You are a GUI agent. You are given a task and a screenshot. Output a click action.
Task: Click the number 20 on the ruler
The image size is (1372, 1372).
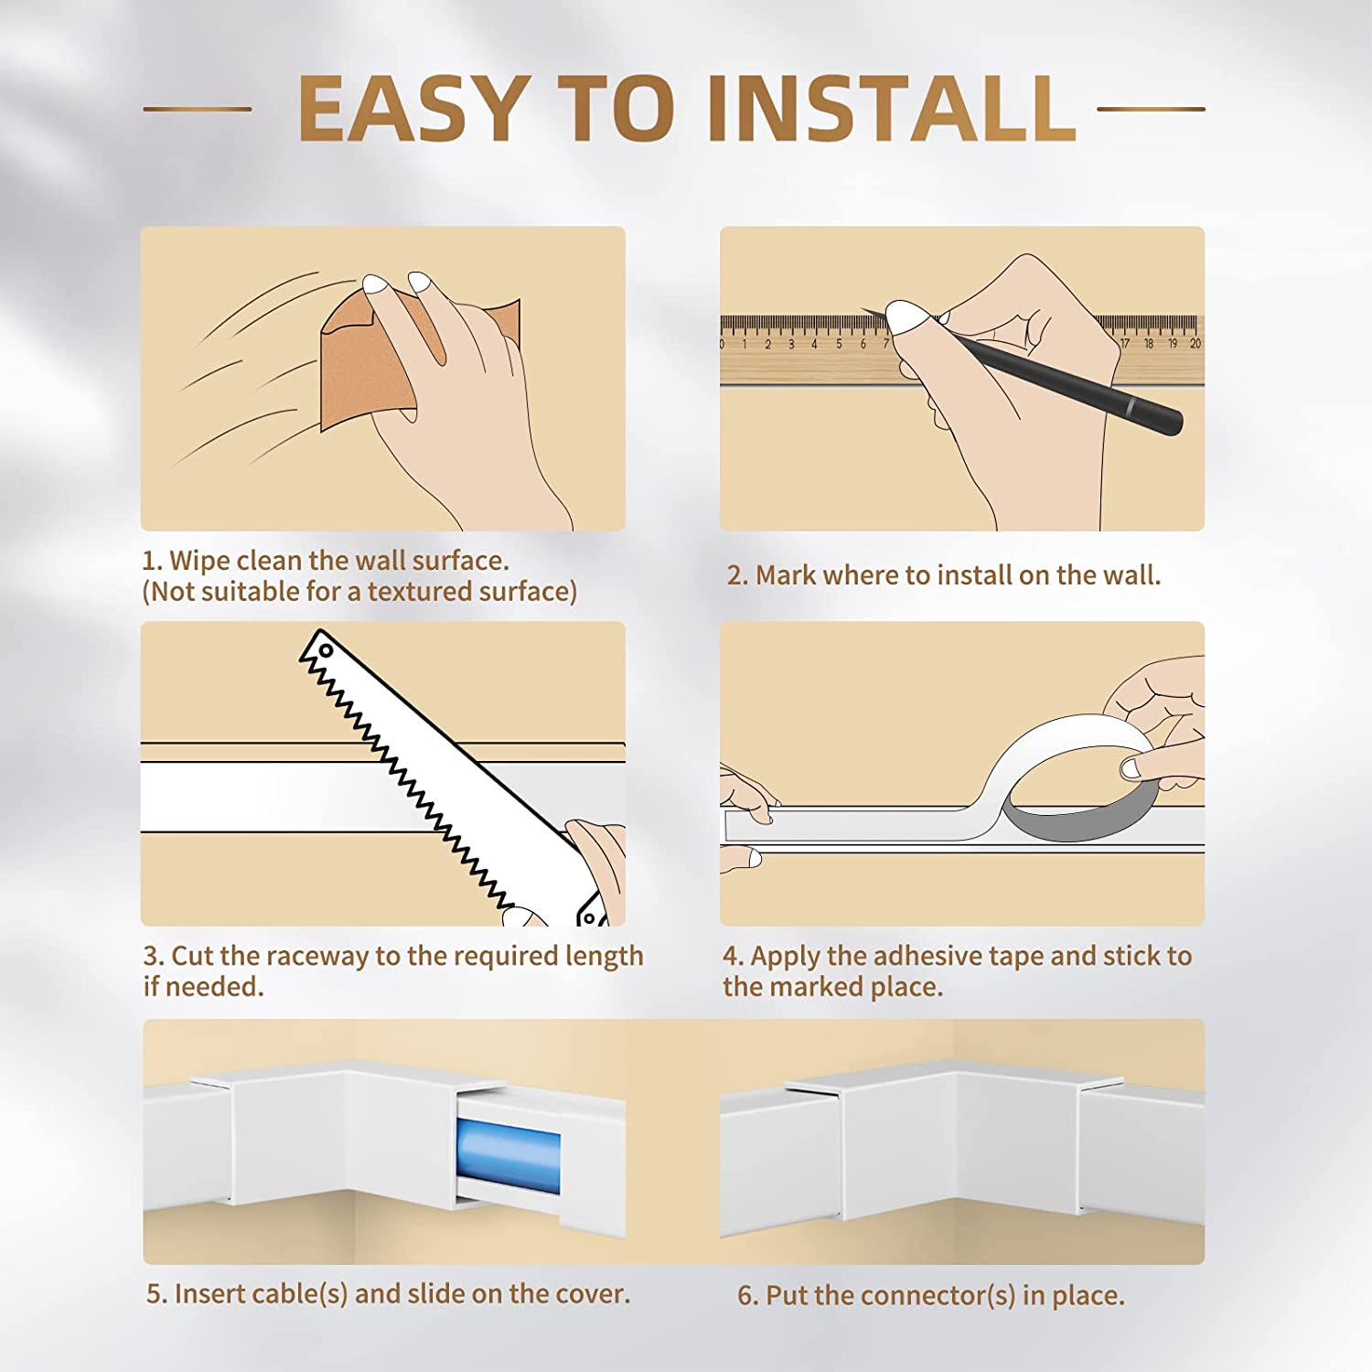[x=1195, y=344]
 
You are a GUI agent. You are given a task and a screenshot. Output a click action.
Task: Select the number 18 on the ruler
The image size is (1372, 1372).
[x=1148, y=344]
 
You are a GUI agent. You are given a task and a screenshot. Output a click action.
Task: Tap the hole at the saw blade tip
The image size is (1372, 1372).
[x=326, y=651]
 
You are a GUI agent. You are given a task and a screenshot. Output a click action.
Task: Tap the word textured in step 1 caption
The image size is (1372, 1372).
[x=418, y=592]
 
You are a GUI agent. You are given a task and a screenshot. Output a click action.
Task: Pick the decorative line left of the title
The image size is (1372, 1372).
[x=198, y=109]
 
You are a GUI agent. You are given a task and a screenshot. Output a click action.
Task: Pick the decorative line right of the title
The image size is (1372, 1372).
[x=1151, y=109]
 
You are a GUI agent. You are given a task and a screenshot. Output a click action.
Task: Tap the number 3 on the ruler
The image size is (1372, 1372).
[x=790, y=345]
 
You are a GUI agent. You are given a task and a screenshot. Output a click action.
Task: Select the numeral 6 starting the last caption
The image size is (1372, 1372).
[x=745, y=1296]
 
